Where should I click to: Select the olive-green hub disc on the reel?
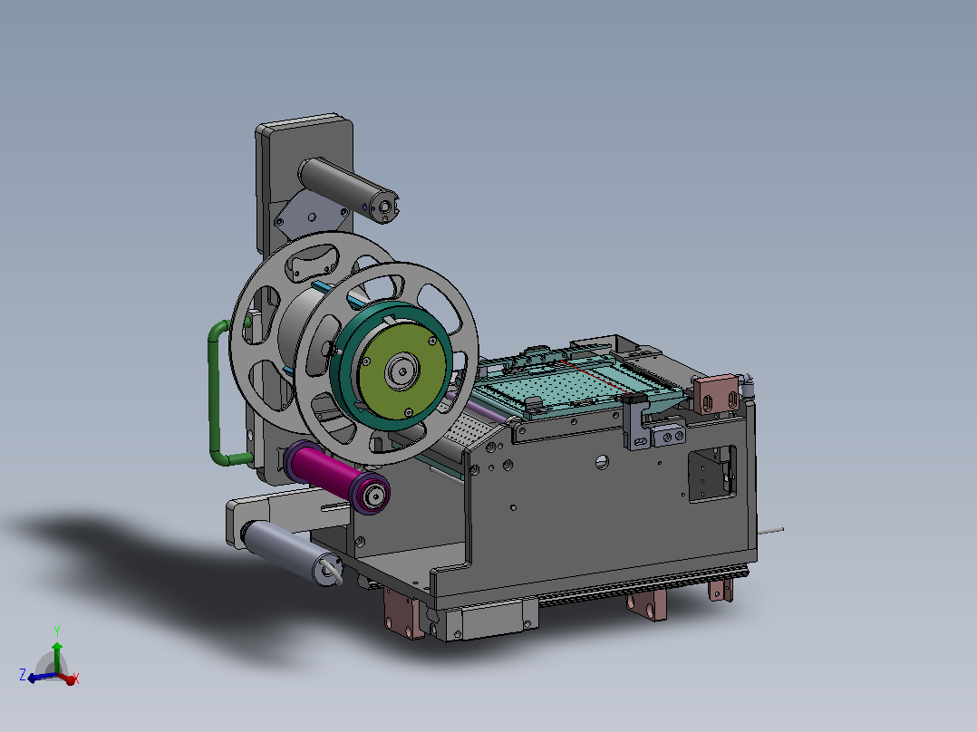coord(401,371)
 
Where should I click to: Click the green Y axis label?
coord(57,631)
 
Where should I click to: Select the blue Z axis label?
coord(23,675)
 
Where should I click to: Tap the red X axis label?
coord(76,678)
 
